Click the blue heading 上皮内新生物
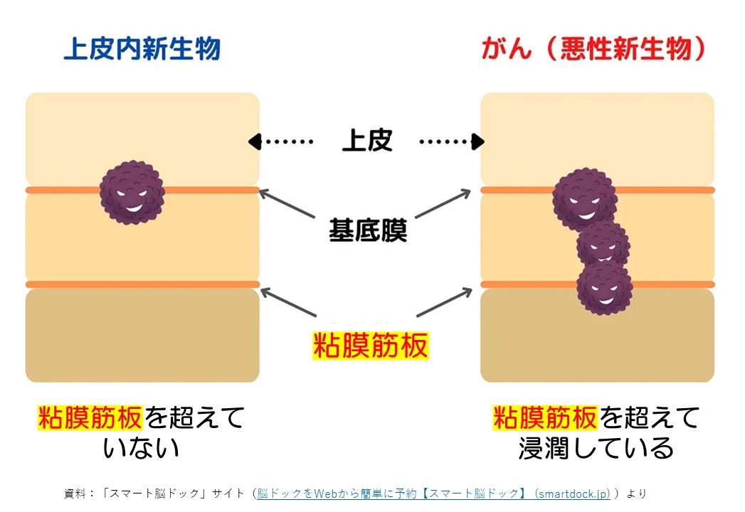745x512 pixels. click(x=142, y=48)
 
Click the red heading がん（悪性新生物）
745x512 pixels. click(x=593, y=48)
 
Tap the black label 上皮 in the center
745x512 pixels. click(x=366, y=140)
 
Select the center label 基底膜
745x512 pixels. click(x=368, y=230)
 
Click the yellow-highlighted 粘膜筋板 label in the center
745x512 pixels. click(x=370, y=346)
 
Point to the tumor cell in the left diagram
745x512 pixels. click(x=132, y=192)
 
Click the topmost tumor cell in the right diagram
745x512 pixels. click(x=584, y=200)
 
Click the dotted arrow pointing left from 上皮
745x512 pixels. click(x=280, y=142)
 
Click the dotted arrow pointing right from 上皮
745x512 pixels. click(x=452, y=142)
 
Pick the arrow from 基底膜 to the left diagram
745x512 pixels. click(x=287, y=204)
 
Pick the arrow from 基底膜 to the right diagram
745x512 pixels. click(x=443, y=204)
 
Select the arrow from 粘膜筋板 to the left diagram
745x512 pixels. click(x=288, y=302)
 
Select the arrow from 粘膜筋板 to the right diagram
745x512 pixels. click(x=444, y=302)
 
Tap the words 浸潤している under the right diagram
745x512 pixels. click(x=596, y=448)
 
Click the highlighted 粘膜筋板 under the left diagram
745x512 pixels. click(x=90, y=417)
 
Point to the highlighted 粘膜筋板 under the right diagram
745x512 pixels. click(x=545, y=417)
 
